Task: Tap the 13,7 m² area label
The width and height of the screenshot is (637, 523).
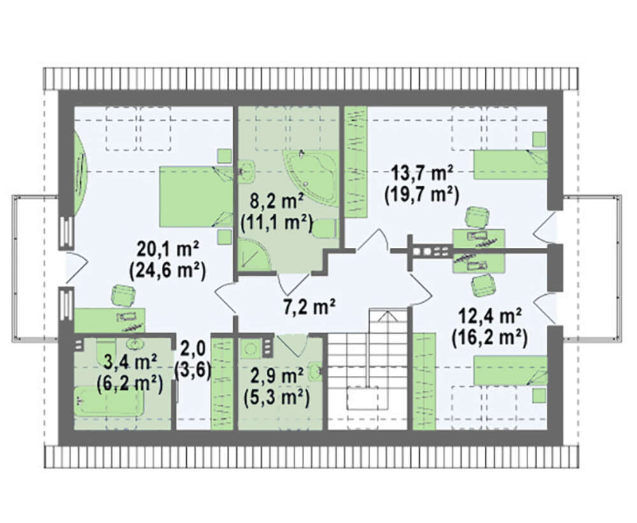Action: coord(422,173)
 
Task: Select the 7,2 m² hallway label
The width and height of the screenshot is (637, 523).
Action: coord(309,306)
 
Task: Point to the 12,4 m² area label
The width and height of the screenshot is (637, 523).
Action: coord(490,316)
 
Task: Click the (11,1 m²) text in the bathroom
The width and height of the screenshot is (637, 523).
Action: coord(276,222)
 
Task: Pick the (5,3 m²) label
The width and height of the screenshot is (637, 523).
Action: coord(276,396)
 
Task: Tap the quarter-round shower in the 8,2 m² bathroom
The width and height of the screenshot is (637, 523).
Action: coord(254,254)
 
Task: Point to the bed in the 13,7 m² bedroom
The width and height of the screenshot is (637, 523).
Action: coord(511,164)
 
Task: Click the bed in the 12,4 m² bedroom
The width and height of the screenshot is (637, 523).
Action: coord(511,370)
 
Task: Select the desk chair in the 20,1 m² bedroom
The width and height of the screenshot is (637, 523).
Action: coord(123,294)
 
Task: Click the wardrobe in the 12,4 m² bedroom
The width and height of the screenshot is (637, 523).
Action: coord(424,381)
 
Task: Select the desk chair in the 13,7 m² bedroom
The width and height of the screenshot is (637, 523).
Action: coord(477,217)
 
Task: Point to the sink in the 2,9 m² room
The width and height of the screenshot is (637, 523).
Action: coord(315,371)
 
